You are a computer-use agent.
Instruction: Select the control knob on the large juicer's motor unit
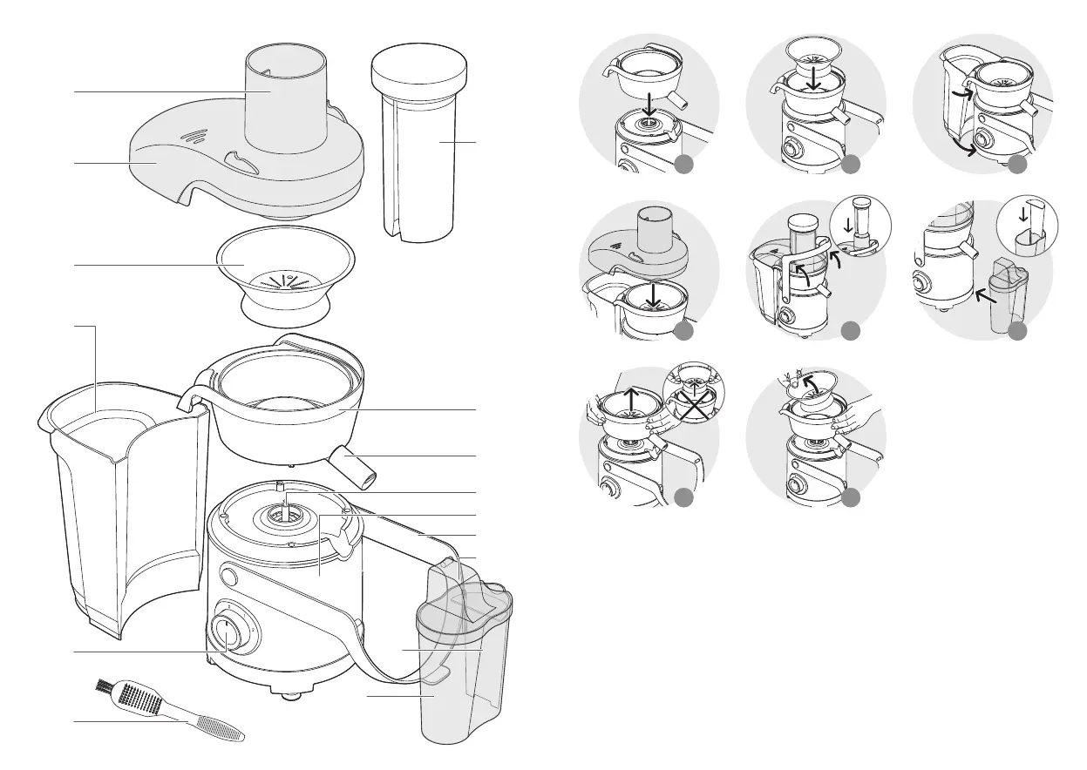[x=225, y=633]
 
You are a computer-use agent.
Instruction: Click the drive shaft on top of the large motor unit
[x=285, y=505]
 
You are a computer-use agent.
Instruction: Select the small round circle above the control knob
[x=230, y=576]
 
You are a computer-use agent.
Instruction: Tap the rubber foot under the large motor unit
[x=288, y=694]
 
